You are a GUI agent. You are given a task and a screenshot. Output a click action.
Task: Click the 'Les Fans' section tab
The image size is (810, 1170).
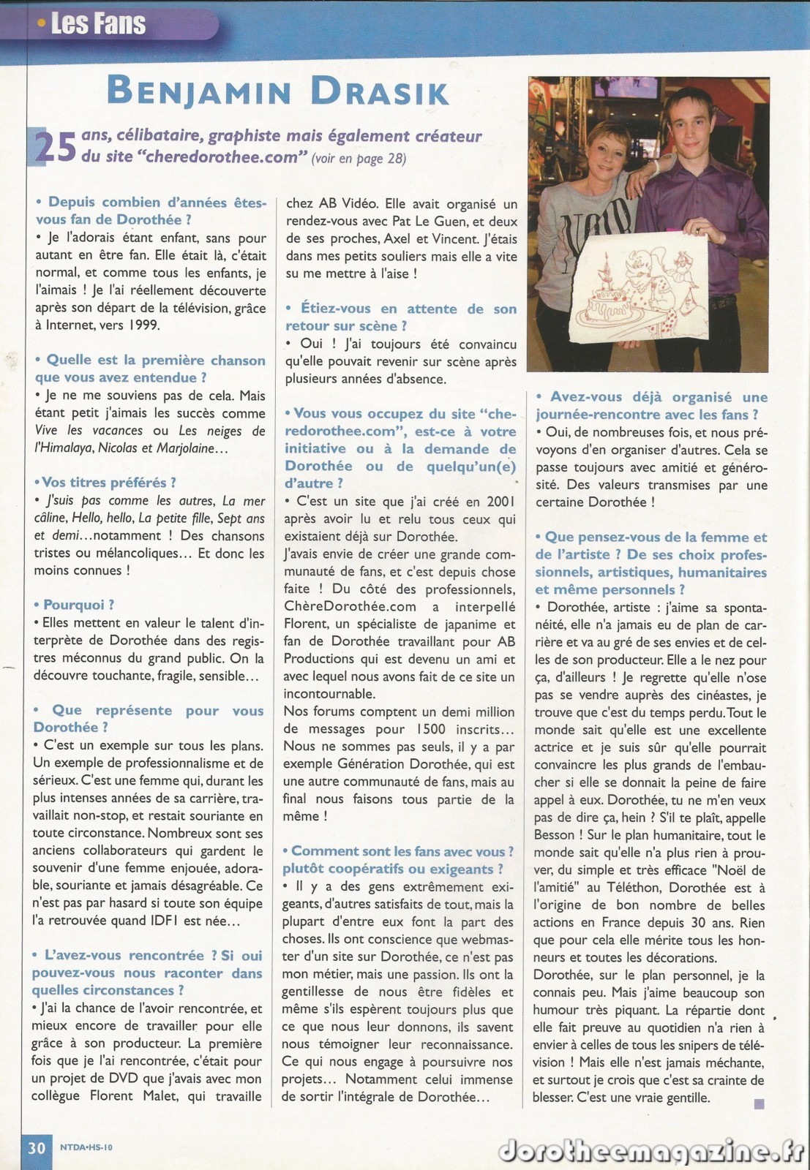(99, 23)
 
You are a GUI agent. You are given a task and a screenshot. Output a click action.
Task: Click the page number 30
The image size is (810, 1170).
(37, 1147)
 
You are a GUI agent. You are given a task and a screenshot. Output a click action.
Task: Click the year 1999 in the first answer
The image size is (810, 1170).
(145, 325)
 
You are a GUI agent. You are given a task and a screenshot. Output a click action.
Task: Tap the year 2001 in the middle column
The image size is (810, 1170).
(500, 501)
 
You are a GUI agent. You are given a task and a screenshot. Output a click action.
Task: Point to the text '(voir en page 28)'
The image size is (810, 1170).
(359, 159)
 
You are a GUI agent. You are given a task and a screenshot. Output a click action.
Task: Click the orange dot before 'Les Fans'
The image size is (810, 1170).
(41, 24)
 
